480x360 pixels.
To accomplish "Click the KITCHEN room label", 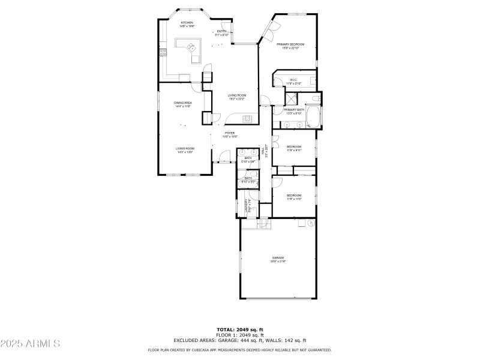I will pyautogui.click(x=187, y=22).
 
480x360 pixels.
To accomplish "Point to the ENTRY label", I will pyautogui.click(x=221, y=31).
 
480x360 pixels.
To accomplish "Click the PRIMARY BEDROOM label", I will pyautogui.click(x=290, y=44).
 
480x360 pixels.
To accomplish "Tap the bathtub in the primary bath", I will pyautogui.click(x=313, y=117).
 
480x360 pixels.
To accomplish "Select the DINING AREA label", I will pyautogui.click(x=183, y=103).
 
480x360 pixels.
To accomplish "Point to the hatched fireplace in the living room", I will pyautogui.click(x=250, y=118).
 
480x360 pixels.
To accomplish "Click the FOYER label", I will pyautogui.click(x=230, y=133).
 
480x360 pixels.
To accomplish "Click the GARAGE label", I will pyautogui.click(x=278, y=258).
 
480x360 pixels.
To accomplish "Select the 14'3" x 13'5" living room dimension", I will pyautogui.click(x=185, y=152).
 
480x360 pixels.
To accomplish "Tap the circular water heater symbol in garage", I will pyautogui.click(x=311, y=223).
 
